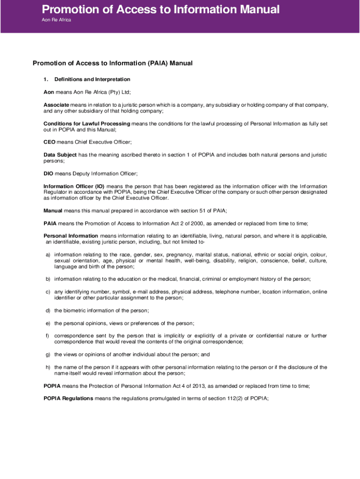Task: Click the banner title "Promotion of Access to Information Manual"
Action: click(161, 9)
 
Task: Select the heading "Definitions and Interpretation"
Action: click(92, 80)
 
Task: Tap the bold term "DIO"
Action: click(49, 174)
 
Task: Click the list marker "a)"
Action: click(48, 254)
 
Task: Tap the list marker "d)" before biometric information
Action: click(48, 311)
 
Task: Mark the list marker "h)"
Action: click(48, 367)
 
